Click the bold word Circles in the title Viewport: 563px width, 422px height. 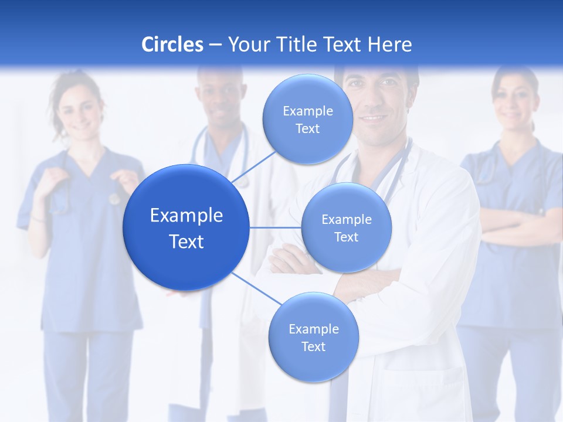[x=172, y=45]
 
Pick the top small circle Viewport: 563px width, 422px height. [x=307, y=94]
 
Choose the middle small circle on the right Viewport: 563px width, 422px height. [x=347, y=252]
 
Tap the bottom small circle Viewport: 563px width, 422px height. [x=313, y=363]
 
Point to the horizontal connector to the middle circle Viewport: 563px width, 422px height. [x=276, y=227]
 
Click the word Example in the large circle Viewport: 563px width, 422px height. [x=186, y=216]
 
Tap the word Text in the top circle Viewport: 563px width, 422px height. [x=307, y=129]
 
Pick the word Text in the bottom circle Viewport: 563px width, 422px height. [x=313, y=347]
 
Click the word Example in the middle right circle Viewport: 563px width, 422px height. [x=347, y=220]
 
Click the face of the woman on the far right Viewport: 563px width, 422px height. [x=515, y=100]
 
